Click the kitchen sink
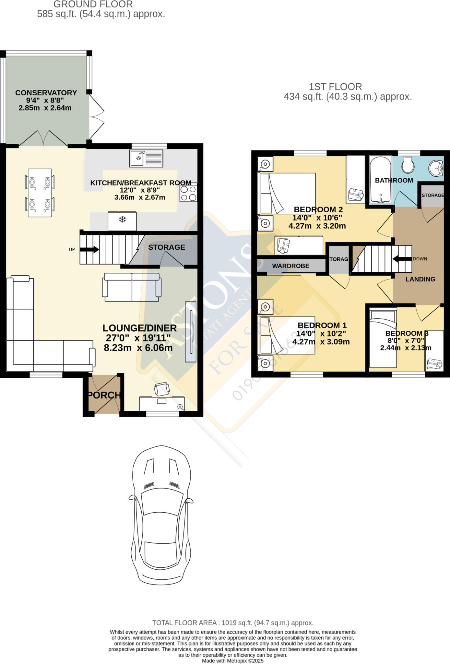coord(146,159)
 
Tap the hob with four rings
coord(188,194)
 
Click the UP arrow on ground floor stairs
coord(89,249)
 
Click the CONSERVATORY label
coord(46,93)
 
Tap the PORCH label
coord(104,395)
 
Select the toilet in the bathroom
coord(407,165)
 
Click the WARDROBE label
coord(290,266)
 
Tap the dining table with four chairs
coord(40,193)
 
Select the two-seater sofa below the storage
coord(132,287)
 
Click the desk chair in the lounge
coord(162,389)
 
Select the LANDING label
coord(420,279)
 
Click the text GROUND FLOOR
coord(93,5)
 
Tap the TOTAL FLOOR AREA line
coord(233,623)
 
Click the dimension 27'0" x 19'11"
coord(138,338)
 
